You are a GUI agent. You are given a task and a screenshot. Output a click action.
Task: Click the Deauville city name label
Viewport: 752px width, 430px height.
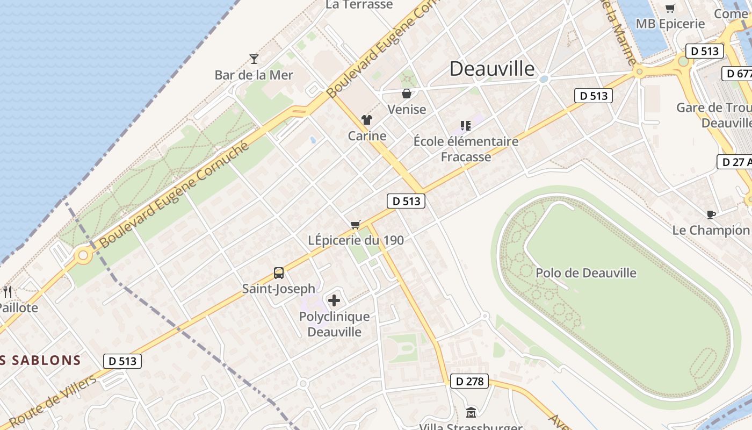pos(492,69)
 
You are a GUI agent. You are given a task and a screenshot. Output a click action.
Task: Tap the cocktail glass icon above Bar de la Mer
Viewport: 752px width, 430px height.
pos(254,59)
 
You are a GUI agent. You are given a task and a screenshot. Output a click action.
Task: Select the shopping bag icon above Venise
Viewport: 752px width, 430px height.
pos(407,94)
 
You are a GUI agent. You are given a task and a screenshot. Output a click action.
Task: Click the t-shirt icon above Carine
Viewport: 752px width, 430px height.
pos(367,120)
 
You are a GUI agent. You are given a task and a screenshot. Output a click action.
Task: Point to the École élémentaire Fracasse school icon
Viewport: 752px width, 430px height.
pos(466,126)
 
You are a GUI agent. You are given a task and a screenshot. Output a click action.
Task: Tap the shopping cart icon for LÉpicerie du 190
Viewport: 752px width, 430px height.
pos(355,225)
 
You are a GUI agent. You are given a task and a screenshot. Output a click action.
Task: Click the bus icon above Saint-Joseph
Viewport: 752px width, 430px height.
pos(279,273)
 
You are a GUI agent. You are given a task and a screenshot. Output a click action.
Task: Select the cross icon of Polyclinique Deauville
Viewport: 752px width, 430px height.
pos(334,300)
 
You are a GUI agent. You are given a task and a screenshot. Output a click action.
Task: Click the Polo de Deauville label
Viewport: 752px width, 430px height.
pos(586,273)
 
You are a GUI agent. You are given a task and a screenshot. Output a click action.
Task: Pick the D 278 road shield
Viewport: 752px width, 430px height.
pos(469,382)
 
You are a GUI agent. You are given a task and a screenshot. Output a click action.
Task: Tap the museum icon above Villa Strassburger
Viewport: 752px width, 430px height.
pos(471,412)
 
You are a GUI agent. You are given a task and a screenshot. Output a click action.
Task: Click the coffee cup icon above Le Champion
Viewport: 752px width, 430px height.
pos(711,215)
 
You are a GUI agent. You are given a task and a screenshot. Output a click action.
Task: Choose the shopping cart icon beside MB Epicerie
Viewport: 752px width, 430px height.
pos(670,8)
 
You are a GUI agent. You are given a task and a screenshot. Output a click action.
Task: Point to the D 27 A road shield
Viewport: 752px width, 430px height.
pos(735,162)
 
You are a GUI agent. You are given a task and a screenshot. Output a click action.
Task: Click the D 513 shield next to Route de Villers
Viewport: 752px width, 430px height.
pos(122,361)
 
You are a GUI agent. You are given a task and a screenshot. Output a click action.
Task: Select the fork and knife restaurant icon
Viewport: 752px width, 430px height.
pos(8,292)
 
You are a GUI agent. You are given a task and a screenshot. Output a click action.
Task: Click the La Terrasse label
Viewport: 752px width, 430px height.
pos(359,5)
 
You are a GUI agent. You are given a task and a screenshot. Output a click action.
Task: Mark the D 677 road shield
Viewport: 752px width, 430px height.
pos(737,74)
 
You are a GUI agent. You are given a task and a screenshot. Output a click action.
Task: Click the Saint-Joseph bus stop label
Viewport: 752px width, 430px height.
pos(279,289)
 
